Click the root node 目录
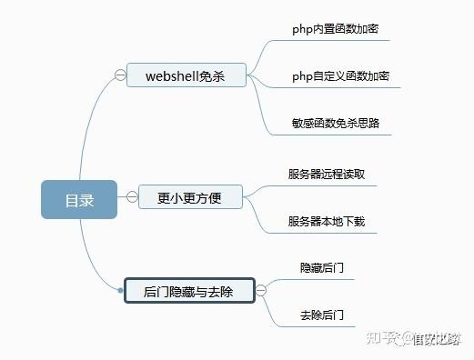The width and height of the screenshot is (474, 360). click(79, 200)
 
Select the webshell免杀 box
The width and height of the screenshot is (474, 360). click(187, 75)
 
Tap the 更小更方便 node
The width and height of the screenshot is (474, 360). click(189, 195)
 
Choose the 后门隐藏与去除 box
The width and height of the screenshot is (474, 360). click(188, 292)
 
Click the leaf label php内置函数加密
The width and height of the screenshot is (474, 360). click(335, 29)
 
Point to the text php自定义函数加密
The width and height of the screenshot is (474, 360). click(335, 75)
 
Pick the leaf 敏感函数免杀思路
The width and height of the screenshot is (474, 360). click(335, 122)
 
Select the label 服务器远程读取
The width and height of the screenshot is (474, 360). click(327, 174)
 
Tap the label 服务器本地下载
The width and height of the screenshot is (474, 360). click(327, 221)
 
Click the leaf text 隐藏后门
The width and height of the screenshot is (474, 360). click(321, 268)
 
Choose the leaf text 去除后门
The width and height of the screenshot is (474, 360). click(321, 315)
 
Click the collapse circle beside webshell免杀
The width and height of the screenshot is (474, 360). click(119, 75)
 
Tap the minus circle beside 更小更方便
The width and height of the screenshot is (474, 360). click(132, 195)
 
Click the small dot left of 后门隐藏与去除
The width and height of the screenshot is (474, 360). click(120, 291)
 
